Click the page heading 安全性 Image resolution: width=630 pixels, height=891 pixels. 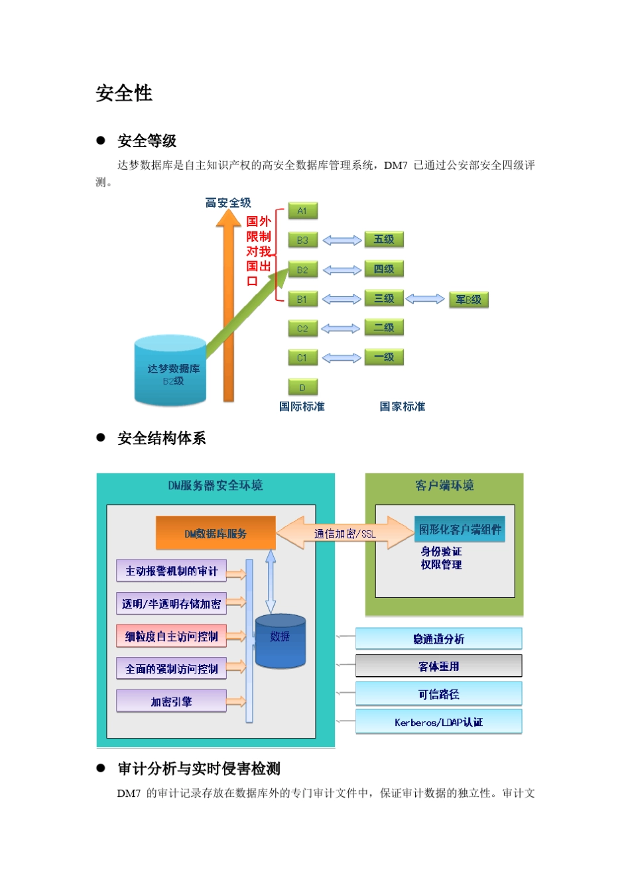[124, 93]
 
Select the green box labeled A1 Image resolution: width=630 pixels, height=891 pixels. [302, 211]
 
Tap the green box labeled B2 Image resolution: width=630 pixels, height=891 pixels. [302, 270]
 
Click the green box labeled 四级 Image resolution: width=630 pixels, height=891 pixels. [383, 269]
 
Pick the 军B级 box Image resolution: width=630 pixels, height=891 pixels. [468, 300]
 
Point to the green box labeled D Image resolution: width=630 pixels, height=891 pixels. [302, 387]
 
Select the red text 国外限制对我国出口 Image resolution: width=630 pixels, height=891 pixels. [258, 251]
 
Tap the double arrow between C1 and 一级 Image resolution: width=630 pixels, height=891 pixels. [341, 358]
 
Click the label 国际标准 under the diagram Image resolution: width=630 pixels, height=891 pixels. [302, 406]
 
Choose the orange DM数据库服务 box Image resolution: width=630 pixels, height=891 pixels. [216, 533]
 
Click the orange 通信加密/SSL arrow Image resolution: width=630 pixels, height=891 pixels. [345, 533]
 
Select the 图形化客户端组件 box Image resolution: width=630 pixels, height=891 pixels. [460, 529]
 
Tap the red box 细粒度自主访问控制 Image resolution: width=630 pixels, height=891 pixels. [171, 636]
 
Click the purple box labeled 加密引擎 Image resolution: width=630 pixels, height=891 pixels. [171, 701]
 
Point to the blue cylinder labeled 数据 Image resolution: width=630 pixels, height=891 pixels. [280, 640]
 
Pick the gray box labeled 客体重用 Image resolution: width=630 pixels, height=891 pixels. [438, 666]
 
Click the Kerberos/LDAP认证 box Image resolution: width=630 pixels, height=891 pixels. [438, 722]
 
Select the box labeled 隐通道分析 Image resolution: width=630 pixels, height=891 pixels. [438, 639]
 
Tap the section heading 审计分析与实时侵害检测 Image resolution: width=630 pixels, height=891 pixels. [199, 768]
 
